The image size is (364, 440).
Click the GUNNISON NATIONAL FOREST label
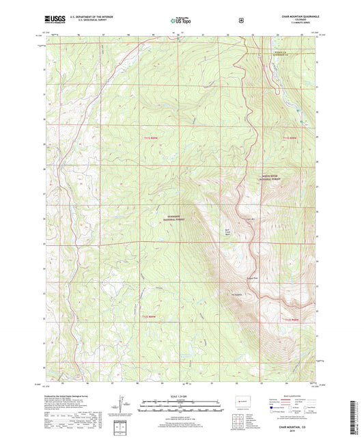tap(176, 217)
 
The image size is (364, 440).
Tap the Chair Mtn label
tap(249, 219)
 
